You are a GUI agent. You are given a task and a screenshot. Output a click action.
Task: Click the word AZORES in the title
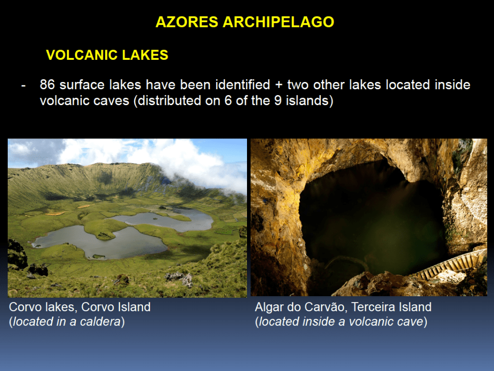pyautogui.click(x=187, y=22)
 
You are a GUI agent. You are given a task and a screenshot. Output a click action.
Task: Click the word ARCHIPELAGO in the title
pyautogui.click(x=278, y=22)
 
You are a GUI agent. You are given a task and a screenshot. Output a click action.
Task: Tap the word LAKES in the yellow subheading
pyautogui.click(x=145, y=55)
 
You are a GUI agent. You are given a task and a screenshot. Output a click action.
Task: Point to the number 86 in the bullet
pyautogui.click(x=47, y=85)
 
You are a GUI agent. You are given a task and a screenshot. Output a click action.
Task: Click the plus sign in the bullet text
pyautogui.click(x=278, y=85)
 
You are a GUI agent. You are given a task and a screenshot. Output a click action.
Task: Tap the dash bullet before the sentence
pyautogui.click(x=23, y=85)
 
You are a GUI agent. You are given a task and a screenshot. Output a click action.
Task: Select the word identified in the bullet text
pyautogui.click(x=243, y=85)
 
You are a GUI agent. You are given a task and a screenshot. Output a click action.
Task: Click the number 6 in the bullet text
pyautogui.click(x=228, y=101)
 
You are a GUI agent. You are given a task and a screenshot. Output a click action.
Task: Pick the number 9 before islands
pyautogui.click(x=277, y=101)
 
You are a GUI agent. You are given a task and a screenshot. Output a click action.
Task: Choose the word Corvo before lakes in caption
pyautogui.click(x=24, y=307)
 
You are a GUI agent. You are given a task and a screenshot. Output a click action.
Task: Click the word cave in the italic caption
pyautogui.click(x=410, y=322)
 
